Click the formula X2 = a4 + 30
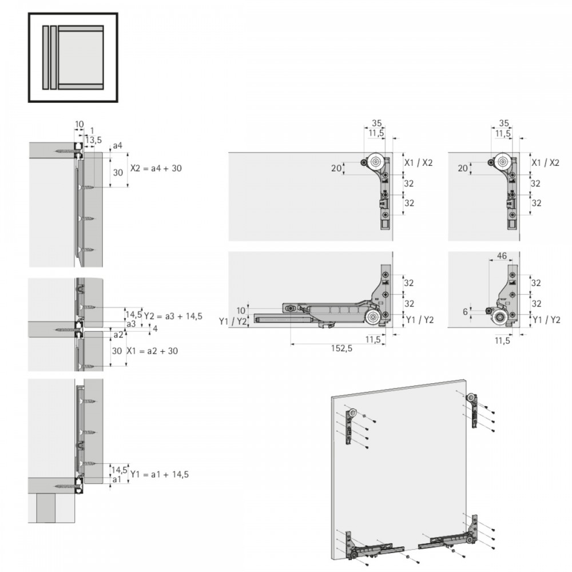pyautogui.click(x=156, y=168)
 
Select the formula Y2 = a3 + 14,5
pyautogui.click(x=173, y=316)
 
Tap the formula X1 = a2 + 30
pyautogui.click(x=152, y=351)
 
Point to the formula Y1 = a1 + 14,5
pyautogui.click(x=160, y=474)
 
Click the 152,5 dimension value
pyautogui.click(x=341, y=348)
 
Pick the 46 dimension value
pyautogui.click(x=502, y=256)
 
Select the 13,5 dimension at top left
pyautogui.click(x=93, y=140)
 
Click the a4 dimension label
pyautogui.click(x=117, y=145)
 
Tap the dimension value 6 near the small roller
pyautogui.click(x=465, y=312)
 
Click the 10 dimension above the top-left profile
pyautogui.click(x=79, y=124)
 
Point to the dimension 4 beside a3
pyautogui.click(x=155, y=328)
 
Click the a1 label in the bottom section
pyautogui.click(x=117, y=479)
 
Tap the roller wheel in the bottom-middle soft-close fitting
pyautogui.click(x=373, y=317)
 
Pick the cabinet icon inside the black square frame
pyautogui.click(x=73, y=57)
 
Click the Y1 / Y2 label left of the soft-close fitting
pyautogui.click(x=233, y=321)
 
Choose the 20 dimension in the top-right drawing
pyautogui.click(x=463, y=168)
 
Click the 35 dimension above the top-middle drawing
pyautogui.click(x=376, y=123)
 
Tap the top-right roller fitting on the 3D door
pyautogui.click(x=473, y=410)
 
